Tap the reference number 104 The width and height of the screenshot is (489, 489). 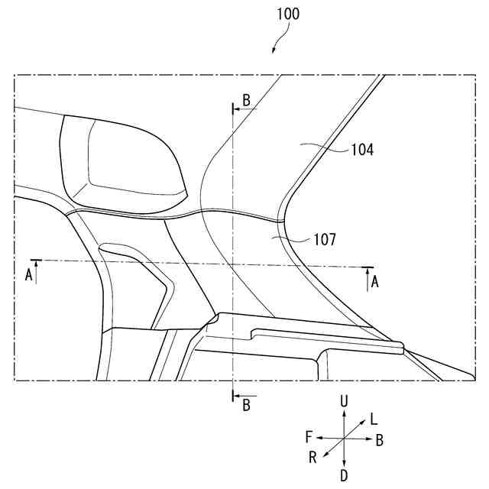[x=362, y=151]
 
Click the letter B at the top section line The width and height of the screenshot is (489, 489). [x=246, y=100]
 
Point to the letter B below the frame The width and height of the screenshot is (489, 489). [x=246, y=406]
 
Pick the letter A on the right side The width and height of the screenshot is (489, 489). [x=374, y=282]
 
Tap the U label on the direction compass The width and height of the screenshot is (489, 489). [x=345, y=401]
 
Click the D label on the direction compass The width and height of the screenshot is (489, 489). [x=345, y=475]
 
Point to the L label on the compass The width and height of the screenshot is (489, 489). [x=373, y=419]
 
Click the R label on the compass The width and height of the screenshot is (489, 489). [x=313, y=457]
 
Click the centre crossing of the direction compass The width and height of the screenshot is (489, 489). [x=345, y=438]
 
